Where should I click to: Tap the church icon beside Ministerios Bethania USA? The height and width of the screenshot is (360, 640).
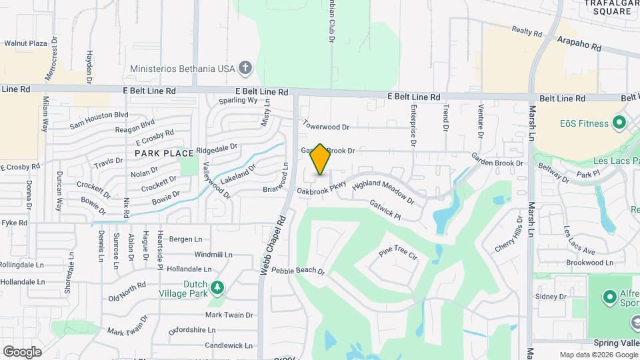245,68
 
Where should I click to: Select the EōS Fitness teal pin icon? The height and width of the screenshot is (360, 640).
619,123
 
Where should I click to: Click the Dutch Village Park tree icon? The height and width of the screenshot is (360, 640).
217,288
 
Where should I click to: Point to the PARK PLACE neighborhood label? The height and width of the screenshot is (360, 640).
164,153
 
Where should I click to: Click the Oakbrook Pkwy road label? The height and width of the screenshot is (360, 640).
322,187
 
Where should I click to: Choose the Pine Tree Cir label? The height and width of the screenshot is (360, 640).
397,253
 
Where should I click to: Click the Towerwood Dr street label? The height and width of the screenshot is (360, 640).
326,125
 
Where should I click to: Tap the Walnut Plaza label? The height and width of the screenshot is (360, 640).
25,43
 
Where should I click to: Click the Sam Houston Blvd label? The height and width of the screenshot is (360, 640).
99,118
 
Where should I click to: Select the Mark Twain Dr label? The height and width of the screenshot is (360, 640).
229,315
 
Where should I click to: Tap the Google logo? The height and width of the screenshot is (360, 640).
22,351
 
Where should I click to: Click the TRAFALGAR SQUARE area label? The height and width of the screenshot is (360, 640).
608,7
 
